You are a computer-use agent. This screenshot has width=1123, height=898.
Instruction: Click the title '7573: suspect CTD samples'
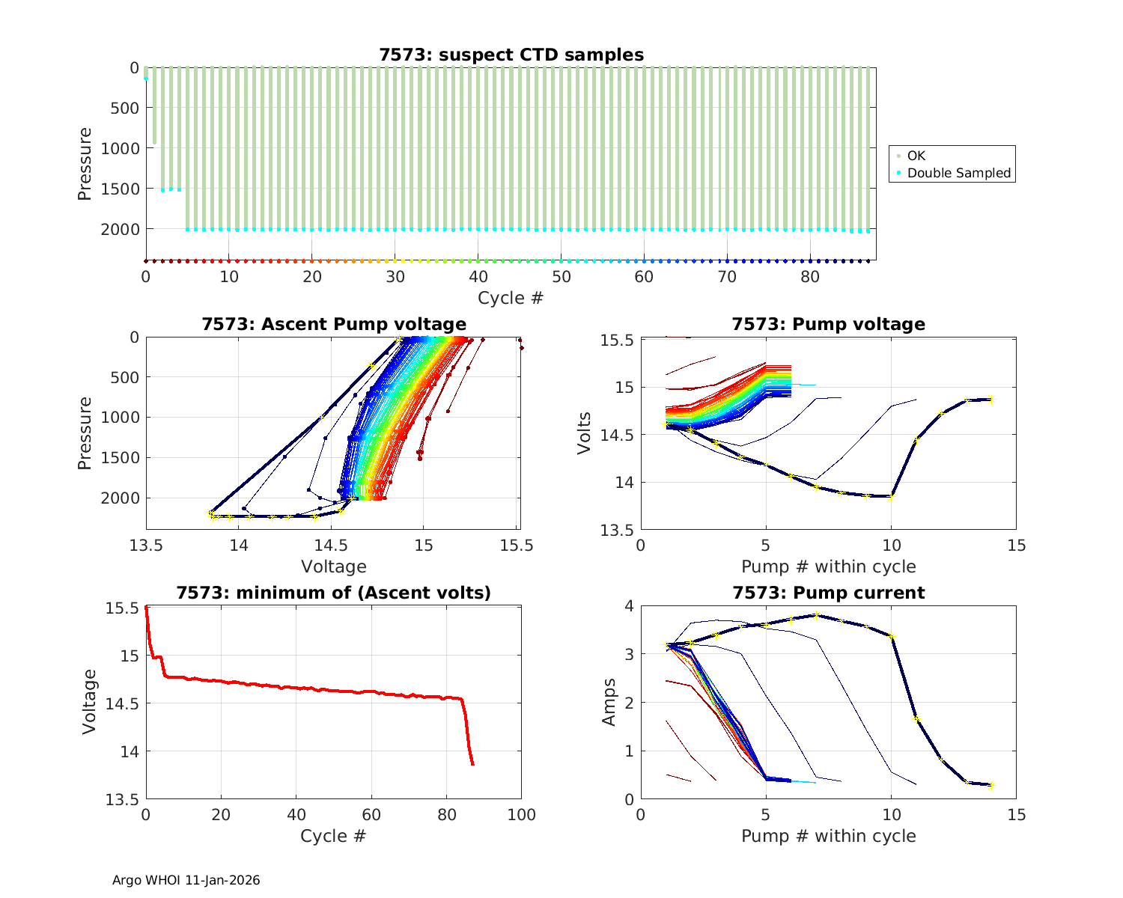tap(511, 55)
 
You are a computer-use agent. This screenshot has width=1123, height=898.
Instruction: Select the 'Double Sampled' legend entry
tap(958, 173)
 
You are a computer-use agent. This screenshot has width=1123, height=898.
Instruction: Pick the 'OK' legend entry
tap(916, 156)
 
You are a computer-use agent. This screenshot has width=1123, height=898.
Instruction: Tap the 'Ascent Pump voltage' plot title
tap(334, 324)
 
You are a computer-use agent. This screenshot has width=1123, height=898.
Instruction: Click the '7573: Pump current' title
tap(828, 593)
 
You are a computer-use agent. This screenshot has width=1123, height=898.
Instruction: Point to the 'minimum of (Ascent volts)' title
tap(334, 593)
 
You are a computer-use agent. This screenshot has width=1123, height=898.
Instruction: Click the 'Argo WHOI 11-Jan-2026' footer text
tap(186, 880)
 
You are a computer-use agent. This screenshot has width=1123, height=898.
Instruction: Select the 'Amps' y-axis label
tap(609, 701)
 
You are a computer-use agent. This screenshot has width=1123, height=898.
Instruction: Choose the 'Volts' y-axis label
tap(585, 433)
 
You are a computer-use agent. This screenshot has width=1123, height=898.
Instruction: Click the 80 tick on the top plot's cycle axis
tap(810, 277)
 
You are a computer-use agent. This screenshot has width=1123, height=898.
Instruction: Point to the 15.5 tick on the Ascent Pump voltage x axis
tap(517, 546)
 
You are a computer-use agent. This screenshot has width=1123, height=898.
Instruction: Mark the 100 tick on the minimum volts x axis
tap(521, 815)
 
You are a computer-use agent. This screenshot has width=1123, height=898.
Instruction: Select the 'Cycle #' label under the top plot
tap(511, 298)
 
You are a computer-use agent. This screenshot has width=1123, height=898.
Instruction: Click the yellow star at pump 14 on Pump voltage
tap(990, 400)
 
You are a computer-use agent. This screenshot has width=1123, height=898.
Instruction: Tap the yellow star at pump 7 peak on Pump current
tap(816, 616)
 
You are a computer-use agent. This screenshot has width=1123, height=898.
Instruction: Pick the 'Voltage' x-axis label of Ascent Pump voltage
tap(334, 566)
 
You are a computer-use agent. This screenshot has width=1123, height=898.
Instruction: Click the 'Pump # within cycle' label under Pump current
tap(828, 836)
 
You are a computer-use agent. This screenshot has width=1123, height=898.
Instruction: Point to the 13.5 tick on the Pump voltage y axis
tap(618, 530)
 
